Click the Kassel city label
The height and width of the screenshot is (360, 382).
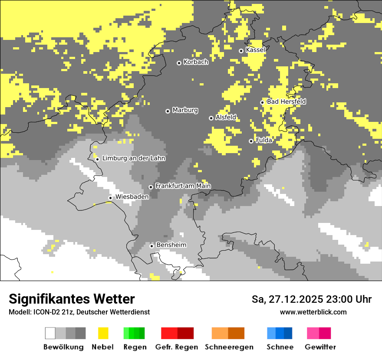click(x=255, y=50)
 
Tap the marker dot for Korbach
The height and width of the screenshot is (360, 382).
click(x=179, y=63)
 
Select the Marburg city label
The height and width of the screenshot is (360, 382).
click(x=185, y=110)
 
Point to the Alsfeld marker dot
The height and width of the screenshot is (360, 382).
click(x=211, y=118)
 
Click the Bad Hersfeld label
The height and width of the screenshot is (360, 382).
click(x=286, y=101)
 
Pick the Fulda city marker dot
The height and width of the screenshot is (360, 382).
click(x=251, y=141)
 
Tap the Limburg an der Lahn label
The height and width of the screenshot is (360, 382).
click(x=133, y=158)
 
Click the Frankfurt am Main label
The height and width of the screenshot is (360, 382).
click(x=183, y=186)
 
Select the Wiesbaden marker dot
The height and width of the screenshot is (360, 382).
click(x=110, y=198)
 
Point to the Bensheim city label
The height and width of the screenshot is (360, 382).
click(x=171, y=245)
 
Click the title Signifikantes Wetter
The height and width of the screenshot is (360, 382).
click(x=72, y=299)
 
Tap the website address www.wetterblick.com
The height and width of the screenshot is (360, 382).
click(x=313, y=312)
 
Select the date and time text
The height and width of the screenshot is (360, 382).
click(x=311, y=299)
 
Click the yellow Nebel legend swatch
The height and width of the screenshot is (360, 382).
click(x=103, y=333)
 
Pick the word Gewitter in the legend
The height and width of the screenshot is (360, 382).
click(x=320, y=347)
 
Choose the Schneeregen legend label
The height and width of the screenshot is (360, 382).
click(x=229, y=347)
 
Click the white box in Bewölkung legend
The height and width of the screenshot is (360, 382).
click(x=50, y=333)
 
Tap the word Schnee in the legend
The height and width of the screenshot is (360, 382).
click(x=280, y=347)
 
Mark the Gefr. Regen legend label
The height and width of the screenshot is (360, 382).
click(x=176, y=347)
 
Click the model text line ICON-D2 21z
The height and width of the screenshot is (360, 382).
click(x=79, y=312)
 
